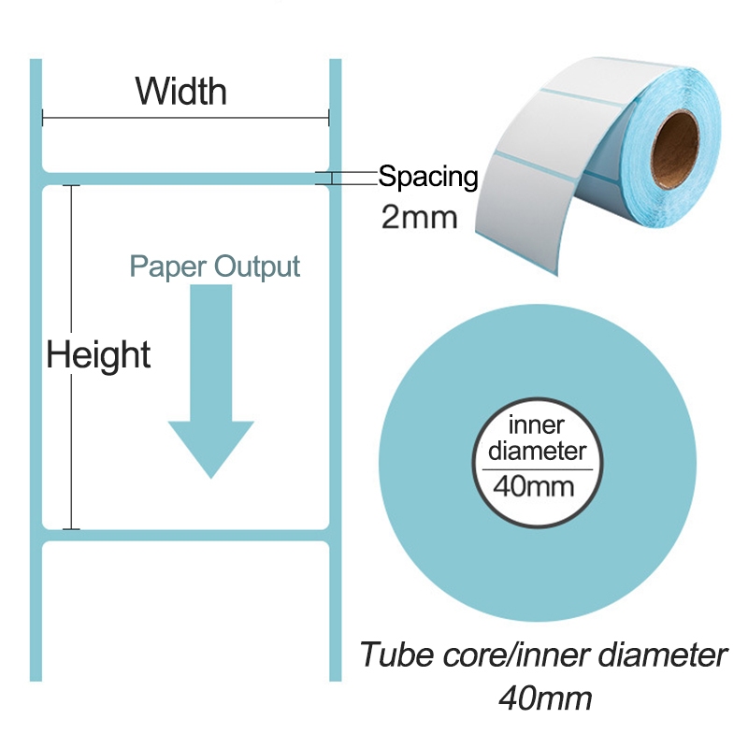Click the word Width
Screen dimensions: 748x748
coord(181,92)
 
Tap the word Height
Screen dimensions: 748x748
coord(99,355)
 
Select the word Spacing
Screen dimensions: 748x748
coord(428,176)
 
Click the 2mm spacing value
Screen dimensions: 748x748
coord(420,218)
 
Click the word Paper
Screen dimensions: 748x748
coord(168,266)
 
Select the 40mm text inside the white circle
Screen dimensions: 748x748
coord(536,486)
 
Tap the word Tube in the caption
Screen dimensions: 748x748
coord(391,654)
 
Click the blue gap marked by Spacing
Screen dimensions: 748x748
coord(187,179)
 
